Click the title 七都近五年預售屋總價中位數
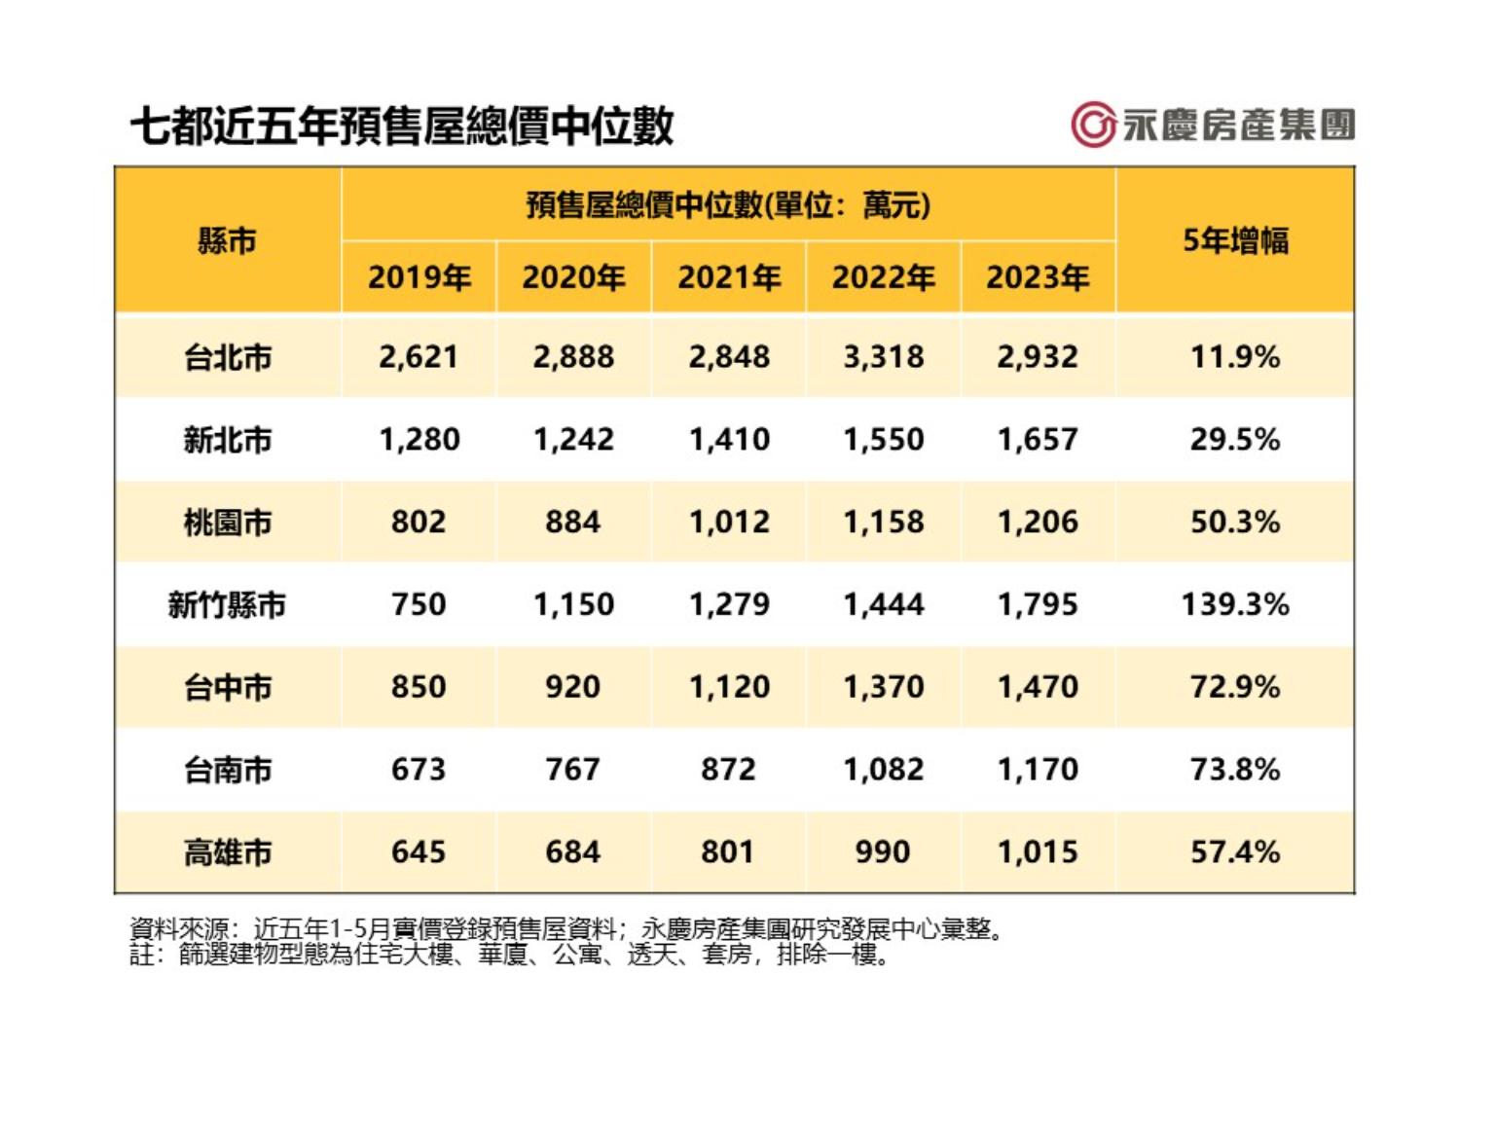(402, 127)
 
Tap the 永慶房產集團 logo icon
(1093, 125)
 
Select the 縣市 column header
(227, 240)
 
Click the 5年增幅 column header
(1235, 240)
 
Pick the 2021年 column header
(729, 278)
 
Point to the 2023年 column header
(1038, 278)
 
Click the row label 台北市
(227, 357)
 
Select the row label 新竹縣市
(227, 605)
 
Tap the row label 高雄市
(227, 853)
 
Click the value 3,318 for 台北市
(883, 357)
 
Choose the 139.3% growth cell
(1235, 605)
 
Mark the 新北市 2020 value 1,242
(573, 440)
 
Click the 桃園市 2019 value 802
(419, 523)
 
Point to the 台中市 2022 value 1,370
(883, 688)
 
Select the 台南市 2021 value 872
(728, 771)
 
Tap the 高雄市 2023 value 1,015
(1038, 853)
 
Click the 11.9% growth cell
(1235, 357)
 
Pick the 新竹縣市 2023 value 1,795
(1038, 605)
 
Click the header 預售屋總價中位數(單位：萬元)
(728, 205)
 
